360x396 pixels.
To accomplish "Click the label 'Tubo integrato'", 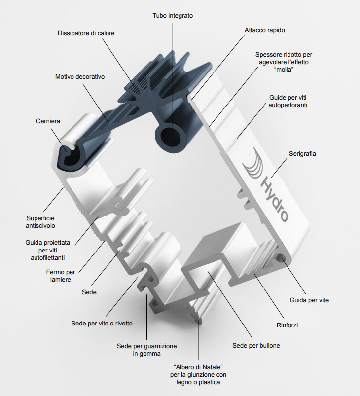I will [x=173, y=16].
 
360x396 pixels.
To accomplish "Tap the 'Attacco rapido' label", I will [x=264, y=30].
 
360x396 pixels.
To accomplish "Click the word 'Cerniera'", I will [x=48, y=121].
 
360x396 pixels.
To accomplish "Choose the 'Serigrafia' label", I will [x=302, y=154].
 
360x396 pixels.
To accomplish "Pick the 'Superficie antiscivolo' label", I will [x=40, y=222].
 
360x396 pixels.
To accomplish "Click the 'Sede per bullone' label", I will [x=256, y=345].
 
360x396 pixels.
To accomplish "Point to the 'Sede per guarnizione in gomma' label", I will [x=146, y=350].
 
